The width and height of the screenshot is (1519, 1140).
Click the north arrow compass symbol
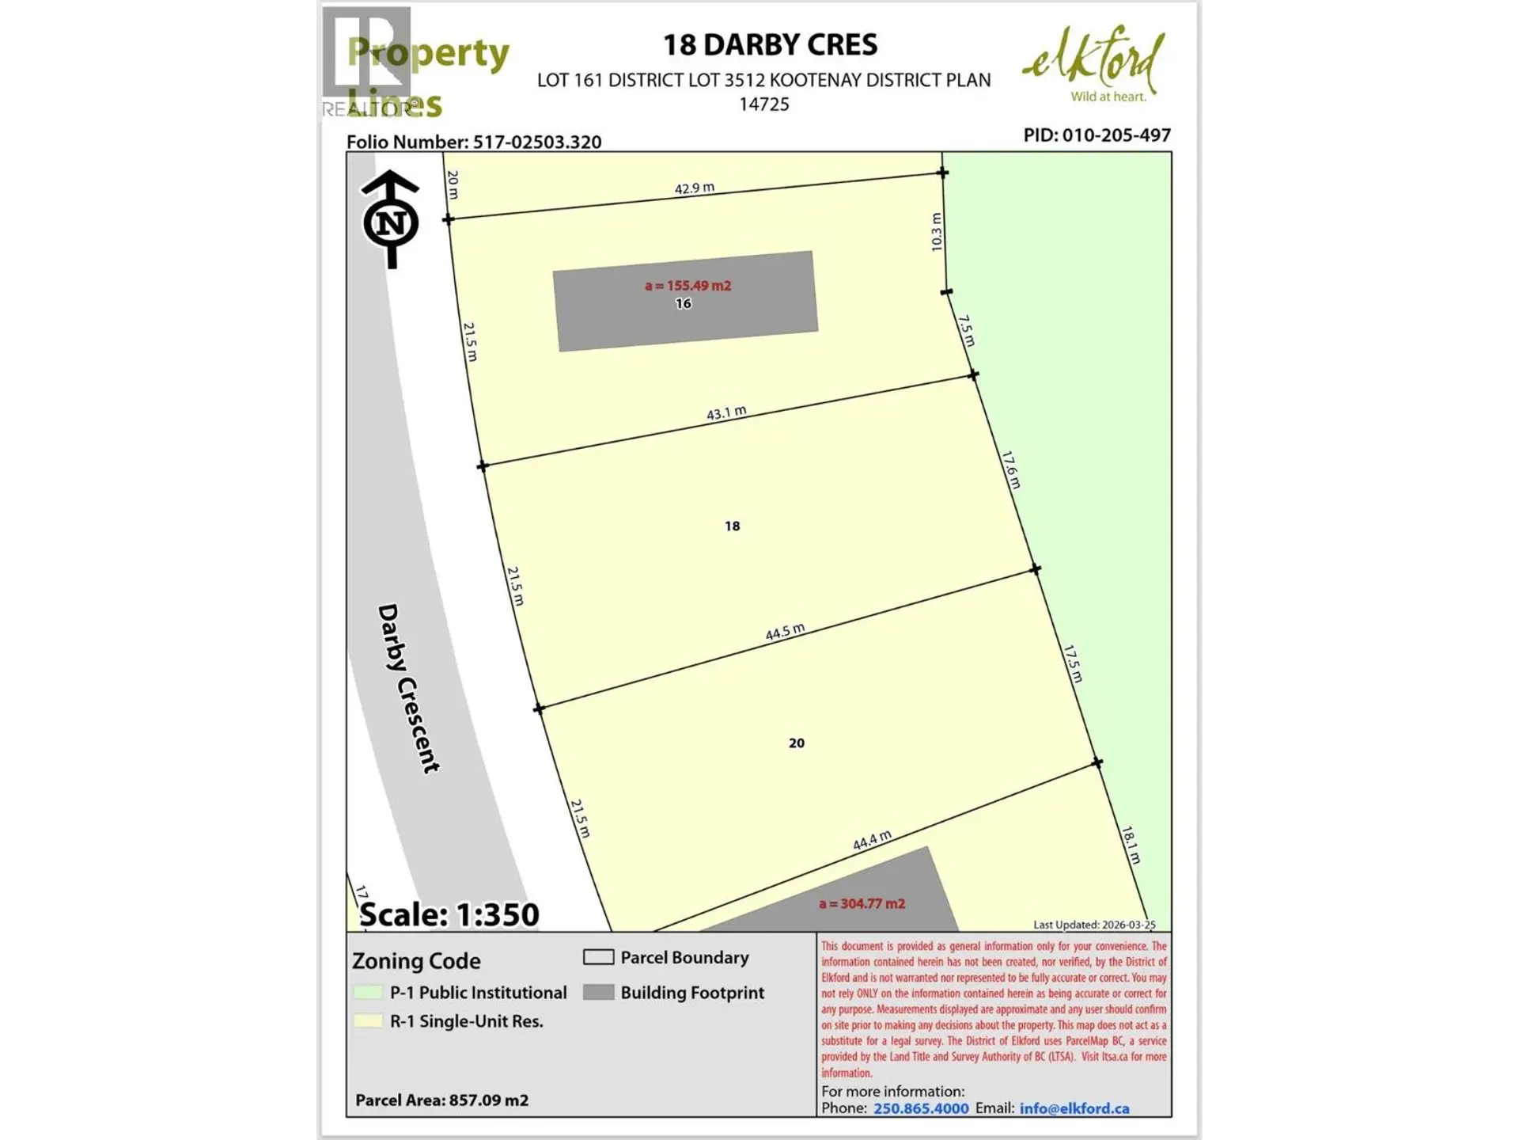tap(391, 220)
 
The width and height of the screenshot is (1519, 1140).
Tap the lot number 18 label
tap(732, 526)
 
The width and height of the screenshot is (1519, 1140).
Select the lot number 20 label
tap(796, 743)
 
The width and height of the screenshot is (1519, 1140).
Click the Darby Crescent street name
tap(407, 688)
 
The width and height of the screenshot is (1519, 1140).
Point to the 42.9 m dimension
tap(694, 188)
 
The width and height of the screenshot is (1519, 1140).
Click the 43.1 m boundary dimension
tap(726, 412)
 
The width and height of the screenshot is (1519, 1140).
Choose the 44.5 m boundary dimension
tap(785, 632)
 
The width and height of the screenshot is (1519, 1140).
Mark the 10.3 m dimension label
tap(937, 232)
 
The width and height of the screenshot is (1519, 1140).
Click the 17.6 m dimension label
tap(1010, 469)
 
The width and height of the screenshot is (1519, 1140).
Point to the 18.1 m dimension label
tap(1131, 845)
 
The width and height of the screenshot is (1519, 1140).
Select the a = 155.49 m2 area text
tap(688, 286)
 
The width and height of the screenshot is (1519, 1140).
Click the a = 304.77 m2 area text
tap(862, 903)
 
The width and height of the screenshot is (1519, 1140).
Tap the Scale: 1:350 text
tap(449, 914)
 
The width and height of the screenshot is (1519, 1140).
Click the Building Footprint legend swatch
tap(598, 992)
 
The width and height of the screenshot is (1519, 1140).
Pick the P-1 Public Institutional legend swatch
tap(368, 992)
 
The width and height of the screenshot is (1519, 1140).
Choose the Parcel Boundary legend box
tap(598, 957)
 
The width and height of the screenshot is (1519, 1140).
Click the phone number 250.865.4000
tap(921, 1108)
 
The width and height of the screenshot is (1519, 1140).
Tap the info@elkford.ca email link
tap(1074, 1108)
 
